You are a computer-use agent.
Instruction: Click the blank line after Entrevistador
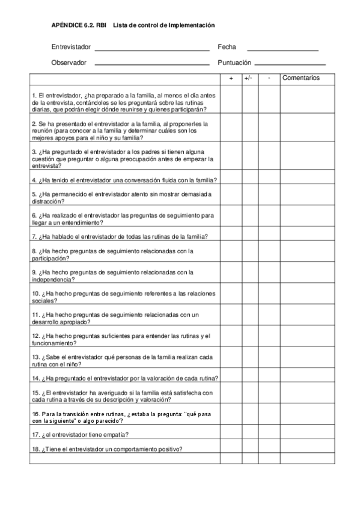152,50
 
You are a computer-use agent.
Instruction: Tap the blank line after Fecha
282,50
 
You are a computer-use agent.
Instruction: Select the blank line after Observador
152,64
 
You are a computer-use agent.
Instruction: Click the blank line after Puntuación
290,64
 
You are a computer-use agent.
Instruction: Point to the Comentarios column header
301,78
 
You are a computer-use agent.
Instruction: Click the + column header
231,78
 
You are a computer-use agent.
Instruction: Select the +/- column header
250,78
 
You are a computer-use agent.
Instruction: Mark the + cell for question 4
231,180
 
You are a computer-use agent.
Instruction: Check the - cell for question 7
270,236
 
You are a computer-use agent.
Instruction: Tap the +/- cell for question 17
250,434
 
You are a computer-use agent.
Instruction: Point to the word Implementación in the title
191,25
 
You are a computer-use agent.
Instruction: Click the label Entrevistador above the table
71,47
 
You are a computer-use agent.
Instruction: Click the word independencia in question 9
53,280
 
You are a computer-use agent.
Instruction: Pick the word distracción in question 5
47,201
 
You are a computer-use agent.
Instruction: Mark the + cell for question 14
231,378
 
